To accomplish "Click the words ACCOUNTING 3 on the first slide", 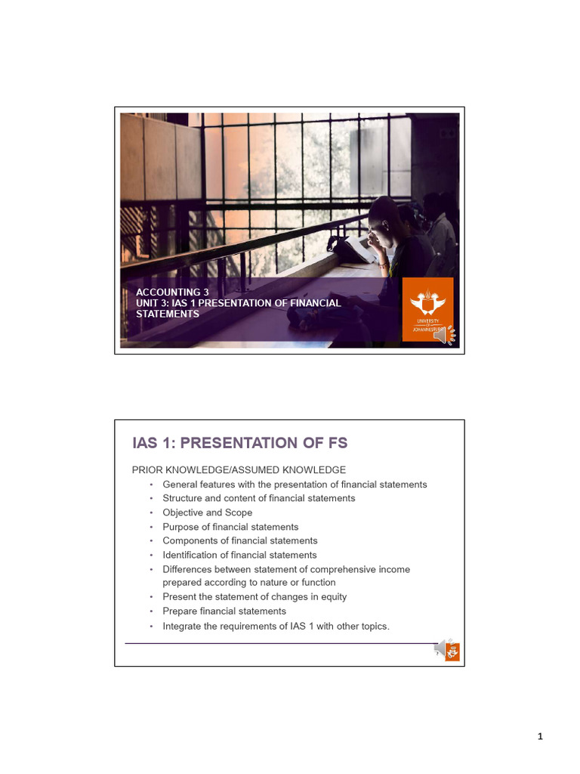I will (172, 293).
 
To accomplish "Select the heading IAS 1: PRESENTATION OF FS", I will (240, 443).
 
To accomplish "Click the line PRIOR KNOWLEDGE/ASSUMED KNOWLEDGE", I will (239, 470).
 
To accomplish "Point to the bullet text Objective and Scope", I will (208, 512).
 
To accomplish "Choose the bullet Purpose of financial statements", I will (230, 527).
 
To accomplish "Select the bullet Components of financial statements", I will (240, 540).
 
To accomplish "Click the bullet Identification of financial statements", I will (240, 555).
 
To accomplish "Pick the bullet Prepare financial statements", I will (224, 611).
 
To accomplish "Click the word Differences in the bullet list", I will (188, 569).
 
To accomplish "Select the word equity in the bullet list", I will (334, 597).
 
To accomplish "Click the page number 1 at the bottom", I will (540, 737).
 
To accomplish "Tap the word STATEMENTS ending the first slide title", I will (168, 314).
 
